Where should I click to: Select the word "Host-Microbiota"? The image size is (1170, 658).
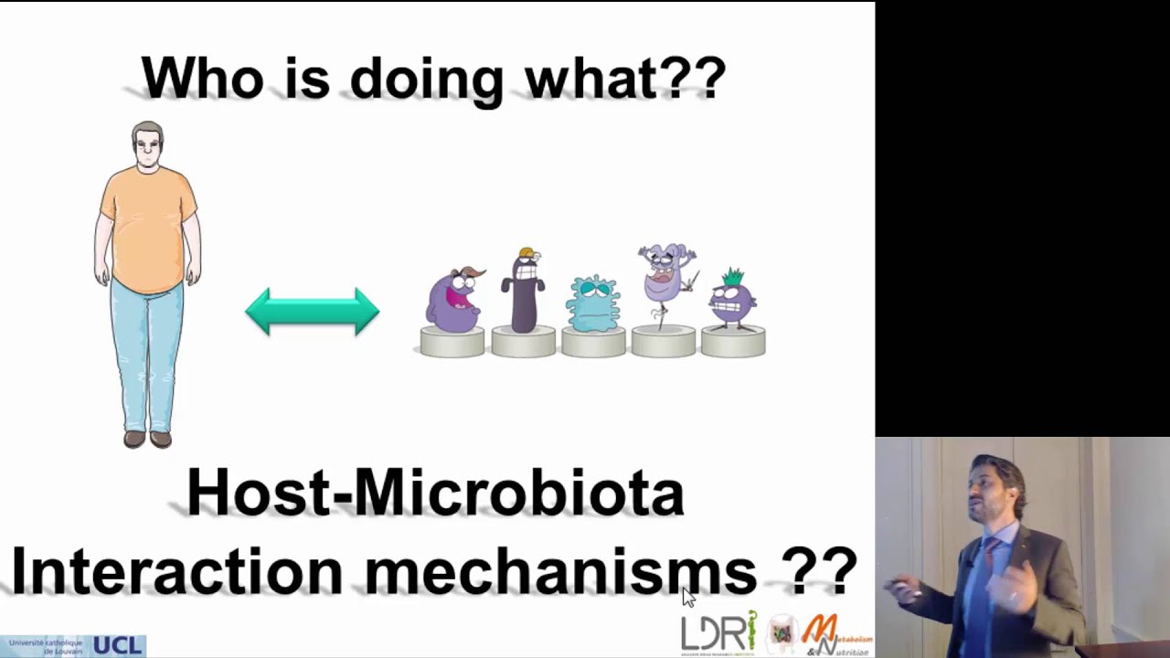pos(435,493)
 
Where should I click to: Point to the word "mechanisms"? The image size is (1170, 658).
pos(560,571)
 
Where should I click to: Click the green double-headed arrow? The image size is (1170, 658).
pos(312,311)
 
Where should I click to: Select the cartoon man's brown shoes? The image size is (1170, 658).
pos(147,439)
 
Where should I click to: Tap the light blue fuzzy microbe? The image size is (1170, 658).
pos(593,302)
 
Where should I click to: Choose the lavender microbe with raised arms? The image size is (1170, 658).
pos(666,274)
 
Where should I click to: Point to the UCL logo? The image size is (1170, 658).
pos(117,646)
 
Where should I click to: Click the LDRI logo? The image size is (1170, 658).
pos(718,632)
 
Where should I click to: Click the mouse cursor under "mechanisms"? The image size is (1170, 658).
pos(687,597)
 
